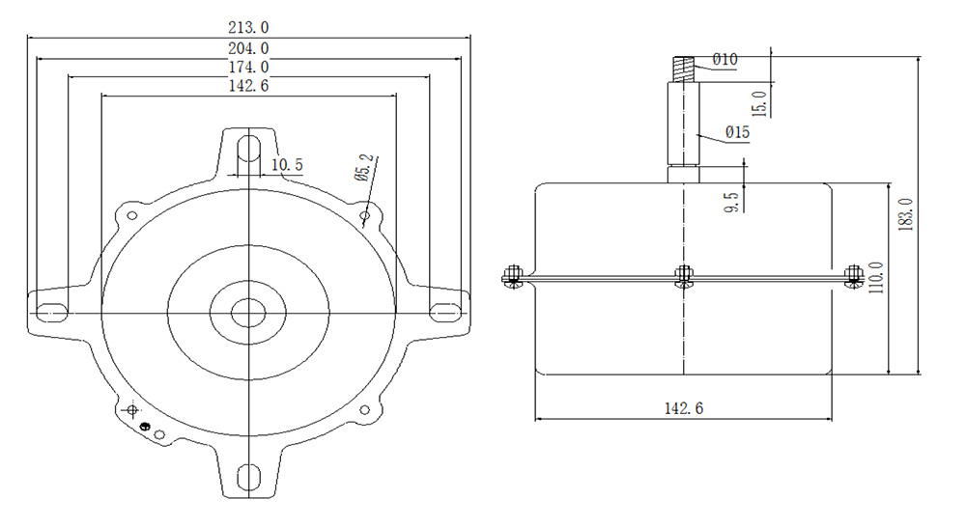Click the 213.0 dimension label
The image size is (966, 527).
(x=248, y=28)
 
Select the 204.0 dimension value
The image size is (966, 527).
(x=248, y=48)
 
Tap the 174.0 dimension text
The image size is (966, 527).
(x=248, y=67)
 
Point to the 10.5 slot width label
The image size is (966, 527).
(x=287, y=165)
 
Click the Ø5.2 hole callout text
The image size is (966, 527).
(x=365, y=168)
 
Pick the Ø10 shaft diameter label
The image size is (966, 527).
(x=725, y=60)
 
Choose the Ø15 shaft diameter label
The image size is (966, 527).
(x=737, y=132)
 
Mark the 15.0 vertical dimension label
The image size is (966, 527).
(x=759, y=103)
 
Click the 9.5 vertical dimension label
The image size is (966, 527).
(x=732, y=203)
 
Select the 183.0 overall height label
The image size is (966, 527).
(x=906, y=214)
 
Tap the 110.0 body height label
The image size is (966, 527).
(x=875, y=278)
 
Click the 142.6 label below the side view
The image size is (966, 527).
(x=684, y=408)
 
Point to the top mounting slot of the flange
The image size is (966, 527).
(x=248, y=147)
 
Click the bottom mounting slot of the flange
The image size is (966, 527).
(x=248, y=477)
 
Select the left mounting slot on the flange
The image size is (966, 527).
(x=52, y=312)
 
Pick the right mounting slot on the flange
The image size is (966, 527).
(x=444, y=312)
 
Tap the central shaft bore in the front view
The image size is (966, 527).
(x=248, y=313)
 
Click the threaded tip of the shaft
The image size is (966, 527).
(x=684, y=69)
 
